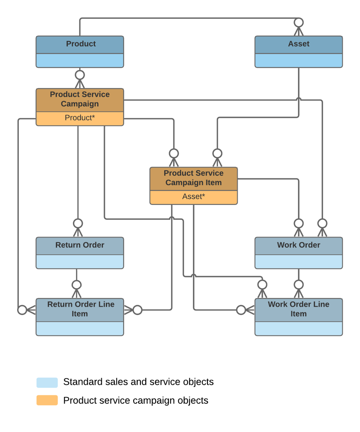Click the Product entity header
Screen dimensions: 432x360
[80, 44]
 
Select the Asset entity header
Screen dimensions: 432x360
[298, 44]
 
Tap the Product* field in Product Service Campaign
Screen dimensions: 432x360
[80, 118]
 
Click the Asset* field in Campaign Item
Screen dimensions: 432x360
[193, 197]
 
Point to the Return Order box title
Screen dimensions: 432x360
[80, 245]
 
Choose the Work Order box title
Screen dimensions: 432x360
[298, 245]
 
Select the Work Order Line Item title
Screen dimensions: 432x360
[298, 309]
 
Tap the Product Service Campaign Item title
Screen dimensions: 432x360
[193, 178]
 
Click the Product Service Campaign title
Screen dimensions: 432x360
[80, 99]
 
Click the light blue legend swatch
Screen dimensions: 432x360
[47, 383]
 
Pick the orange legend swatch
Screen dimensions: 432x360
[47, 401]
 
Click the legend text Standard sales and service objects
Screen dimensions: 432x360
[138, 382]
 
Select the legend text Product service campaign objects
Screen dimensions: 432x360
[135, 401]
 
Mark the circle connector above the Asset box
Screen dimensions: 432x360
[298, 22]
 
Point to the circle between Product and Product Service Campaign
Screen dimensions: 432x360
[80, 75]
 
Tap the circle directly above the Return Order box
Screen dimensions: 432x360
[78, 223]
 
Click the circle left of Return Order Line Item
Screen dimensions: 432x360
[22, 310]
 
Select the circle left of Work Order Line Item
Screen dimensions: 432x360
[241, 310]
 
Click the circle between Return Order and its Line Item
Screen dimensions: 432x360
[76, 285]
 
